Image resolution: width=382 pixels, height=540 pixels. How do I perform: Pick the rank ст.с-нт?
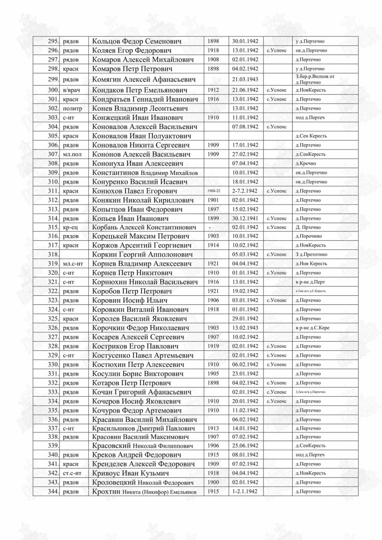(x=72, y=473)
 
